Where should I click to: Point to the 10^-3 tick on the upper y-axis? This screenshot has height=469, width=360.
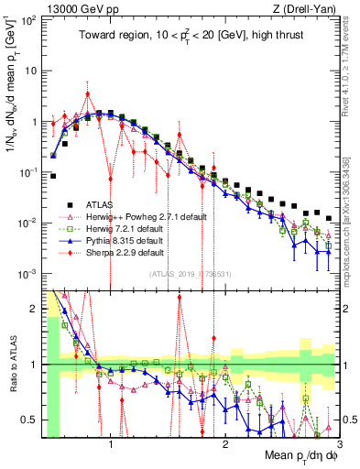[27, 274]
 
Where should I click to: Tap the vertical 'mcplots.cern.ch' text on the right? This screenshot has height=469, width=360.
[352, 220]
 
